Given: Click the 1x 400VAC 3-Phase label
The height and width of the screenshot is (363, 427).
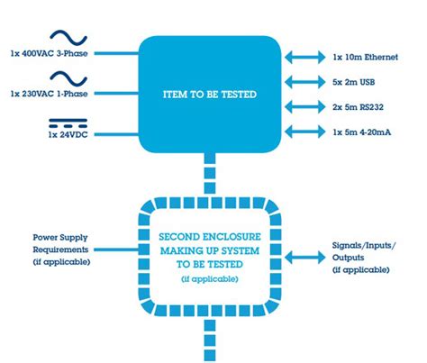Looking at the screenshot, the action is (x=50, y=53).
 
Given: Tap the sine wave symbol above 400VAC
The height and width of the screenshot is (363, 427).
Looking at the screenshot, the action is (x=68, y=38).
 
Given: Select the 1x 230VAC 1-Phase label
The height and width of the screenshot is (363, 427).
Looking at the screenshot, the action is (x=50, y=94).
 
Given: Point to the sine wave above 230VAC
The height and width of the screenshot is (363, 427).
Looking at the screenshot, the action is (x=68, y=78).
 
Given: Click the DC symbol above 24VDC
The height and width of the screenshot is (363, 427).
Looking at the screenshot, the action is (x=68, y=123).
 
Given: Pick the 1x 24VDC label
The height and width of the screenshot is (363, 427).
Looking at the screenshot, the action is (x=68, y=134).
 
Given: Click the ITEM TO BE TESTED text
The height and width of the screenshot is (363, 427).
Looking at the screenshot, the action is (x=210, y=95).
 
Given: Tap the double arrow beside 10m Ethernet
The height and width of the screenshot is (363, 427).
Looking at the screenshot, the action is (x=305, y=57).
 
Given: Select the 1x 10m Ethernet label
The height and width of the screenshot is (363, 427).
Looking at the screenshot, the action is (x=365, y=57).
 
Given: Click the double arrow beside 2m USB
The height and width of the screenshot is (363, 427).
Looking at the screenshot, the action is (x=305, y=82).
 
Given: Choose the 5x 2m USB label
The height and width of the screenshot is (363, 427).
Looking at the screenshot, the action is (x=354, y=82).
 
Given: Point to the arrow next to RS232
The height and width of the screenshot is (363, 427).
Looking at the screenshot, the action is (x=305, y=107).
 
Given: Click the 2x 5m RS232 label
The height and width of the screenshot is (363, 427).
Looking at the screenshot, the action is (x=358, y=107).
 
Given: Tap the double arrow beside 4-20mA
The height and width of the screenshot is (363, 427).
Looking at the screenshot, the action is (x=305, y=132).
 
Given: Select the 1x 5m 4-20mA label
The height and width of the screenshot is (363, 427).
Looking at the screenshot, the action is (x=362, y=132).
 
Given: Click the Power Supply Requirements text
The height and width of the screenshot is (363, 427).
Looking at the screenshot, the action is (x=60, y=243).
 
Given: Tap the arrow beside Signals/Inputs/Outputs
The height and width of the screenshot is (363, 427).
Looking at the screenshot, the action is (x=305, y=258).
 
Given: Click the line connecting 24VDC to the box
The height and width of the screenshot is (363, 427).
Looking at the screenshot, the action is (x=116, y=134).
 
